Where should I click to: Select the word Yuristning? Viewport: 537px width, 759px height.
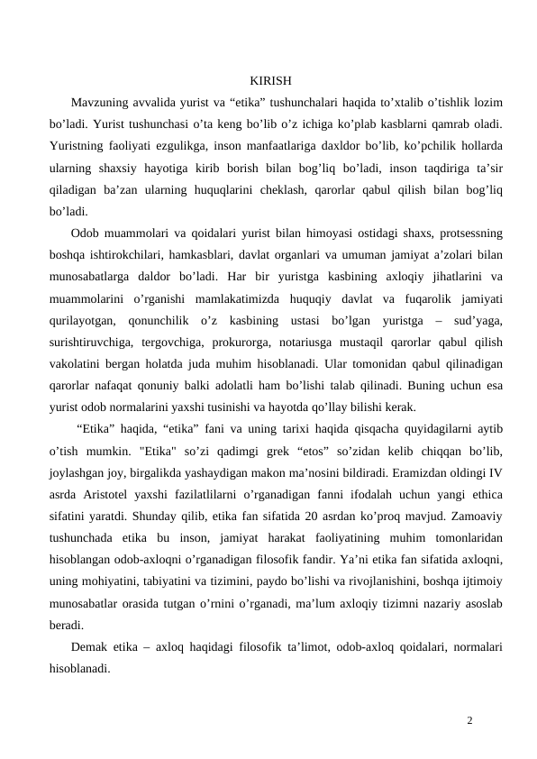(x=79, y=149)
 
